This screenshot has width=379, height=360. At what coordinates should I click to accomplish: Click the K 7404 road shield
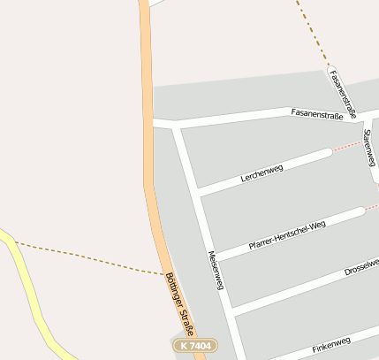point(193,345)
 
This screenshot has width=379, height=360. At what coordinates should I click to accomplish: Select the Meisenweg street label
point(215,270)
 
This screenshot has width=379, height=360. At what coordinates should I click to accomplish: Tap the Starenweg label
point(369,146)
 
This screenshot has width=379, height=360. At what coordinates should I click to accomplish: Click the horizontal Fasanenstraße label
point(315,113)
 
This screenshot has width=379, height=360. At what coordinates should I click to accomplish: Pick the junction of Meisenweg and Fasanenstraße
point(177,126)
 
